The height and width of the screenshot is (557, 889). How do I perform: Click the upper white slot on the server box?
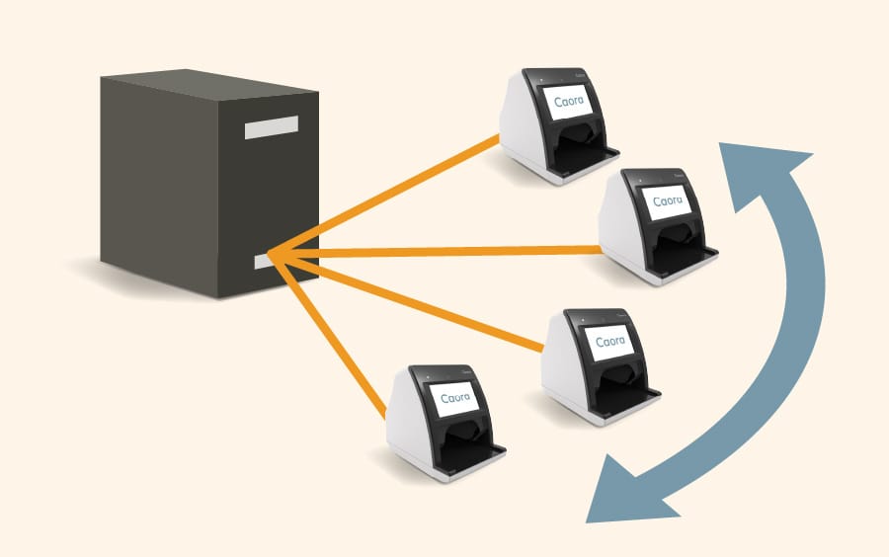click(272, 127)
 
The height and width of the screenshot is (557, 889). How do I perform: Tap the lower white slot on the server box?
click(263, 261)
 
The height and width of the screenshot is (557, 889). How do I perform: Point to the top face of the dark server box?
click(209, 84)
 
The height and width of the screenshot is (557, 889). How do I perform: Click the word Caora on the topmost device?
click(569, 101)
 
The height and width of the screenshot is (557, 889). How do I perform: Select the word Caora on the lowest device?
click(455, 398)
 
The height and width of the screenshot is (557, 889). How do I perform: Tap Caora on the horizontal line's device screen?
click(668, 201)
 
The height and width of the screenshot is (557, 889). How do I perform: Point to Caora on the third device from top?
click(610, 342)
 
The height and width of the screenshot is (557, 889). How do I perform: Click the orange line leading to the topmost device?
click(384, 196)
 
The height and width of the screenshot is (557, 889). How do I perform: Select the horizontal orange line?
click(436, 252)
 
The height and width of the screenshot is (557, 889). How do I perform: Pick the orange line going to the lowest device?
click(329, 337)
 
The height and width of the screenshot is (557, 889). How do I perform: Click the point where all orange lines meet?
click(270, 255)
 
